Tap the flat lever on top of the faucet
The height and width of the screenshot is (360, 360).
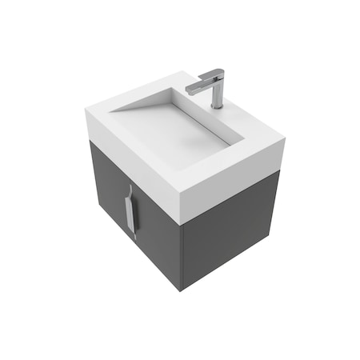click(x=210, y=77)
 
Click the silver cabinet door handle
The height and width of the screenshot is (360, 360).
click(x=131, y=211)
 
